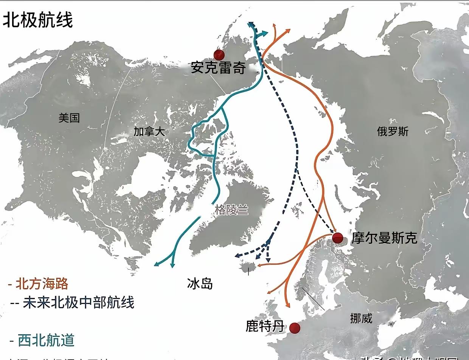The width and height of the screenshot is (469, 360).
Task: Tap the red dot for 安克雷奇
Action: pyautogui.click(x=219, y=55)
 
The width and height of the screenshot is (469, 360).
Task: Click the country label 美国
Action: pyautogui.click(x=69, y=118)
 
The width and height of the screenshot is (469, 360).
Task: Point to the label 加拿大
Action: pyautogui.click(x=149, y=131)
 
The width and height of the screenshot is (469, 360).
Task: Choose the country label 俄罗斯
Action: pyautogui.click(x=393, y=131)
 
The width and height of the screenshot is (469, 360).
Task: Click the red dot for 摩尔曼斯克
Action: pyautogui.click(x=337, y=238)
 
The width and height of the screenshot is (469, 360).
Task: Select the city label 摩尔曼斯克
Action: pyautogui.click(x=384, y=238)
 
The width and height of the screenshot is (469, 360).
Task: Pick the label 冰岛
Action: pyautogui.click(x=200, y=284)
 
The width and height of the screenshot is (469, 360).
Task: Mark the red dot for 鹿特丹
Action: pyautogui.click(x=294, y=327)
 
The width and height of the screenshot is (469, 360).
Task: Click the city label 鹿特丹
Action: pyautogui.click(x=265, y=326)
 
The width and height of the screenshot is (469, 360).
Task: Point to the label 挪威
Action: pyautogui.click(x=361, y=318)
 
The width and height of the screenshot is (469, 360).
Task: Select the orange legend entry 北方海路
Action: pyautogui.click(x=42, y=284)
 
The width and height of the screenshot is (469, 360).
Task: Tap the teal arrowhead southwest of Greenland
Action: pyautogui.click(x=157, y=264)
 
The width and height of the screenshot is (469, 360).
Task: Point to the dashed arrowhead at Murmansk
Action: pyautogui.click(x=333, y=231)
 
